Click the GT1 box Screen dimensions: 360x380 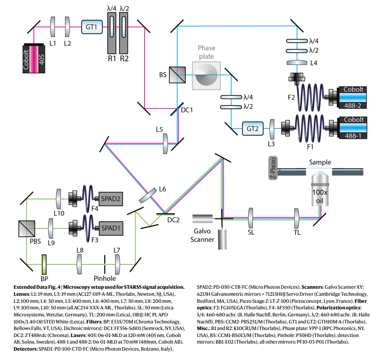coord(91,27)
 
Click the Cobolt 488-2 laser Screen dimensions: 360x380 coord(351,95)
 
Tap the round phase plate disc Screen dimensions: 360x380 coord(207,74)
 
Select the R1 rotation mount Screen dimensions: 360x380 coord(112,33)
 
